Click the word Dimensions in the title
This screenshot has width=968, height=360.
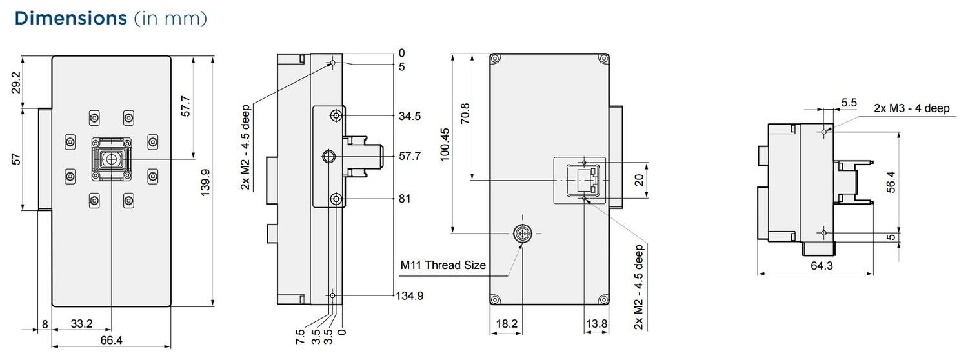click(x=70, y=18)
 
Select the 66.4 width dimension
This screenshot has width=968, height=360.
click(x=110, y=341)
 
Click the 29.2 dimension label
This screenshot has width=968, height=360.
click(x=17, y=83)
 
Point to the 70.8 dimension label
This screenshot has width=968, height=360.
click(x=465, y=114)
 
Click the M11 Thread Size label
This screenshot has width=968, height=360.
click(x=443, y=265)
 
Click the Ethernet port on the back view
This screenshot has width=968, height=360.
click(x=583, y=181)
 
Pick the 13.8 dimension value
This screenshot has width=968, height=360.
click(x=596, y=325)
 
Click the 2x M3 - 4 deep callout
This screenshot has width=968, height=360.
click(x=911, y=108)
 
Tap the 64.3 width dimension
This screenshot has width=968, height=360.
click(x=815, y=265)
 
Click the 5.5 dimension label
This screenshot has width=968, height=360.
click(x=849, y=103)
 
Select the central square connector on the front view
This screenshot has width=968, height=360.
click(x=111, y=159)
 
